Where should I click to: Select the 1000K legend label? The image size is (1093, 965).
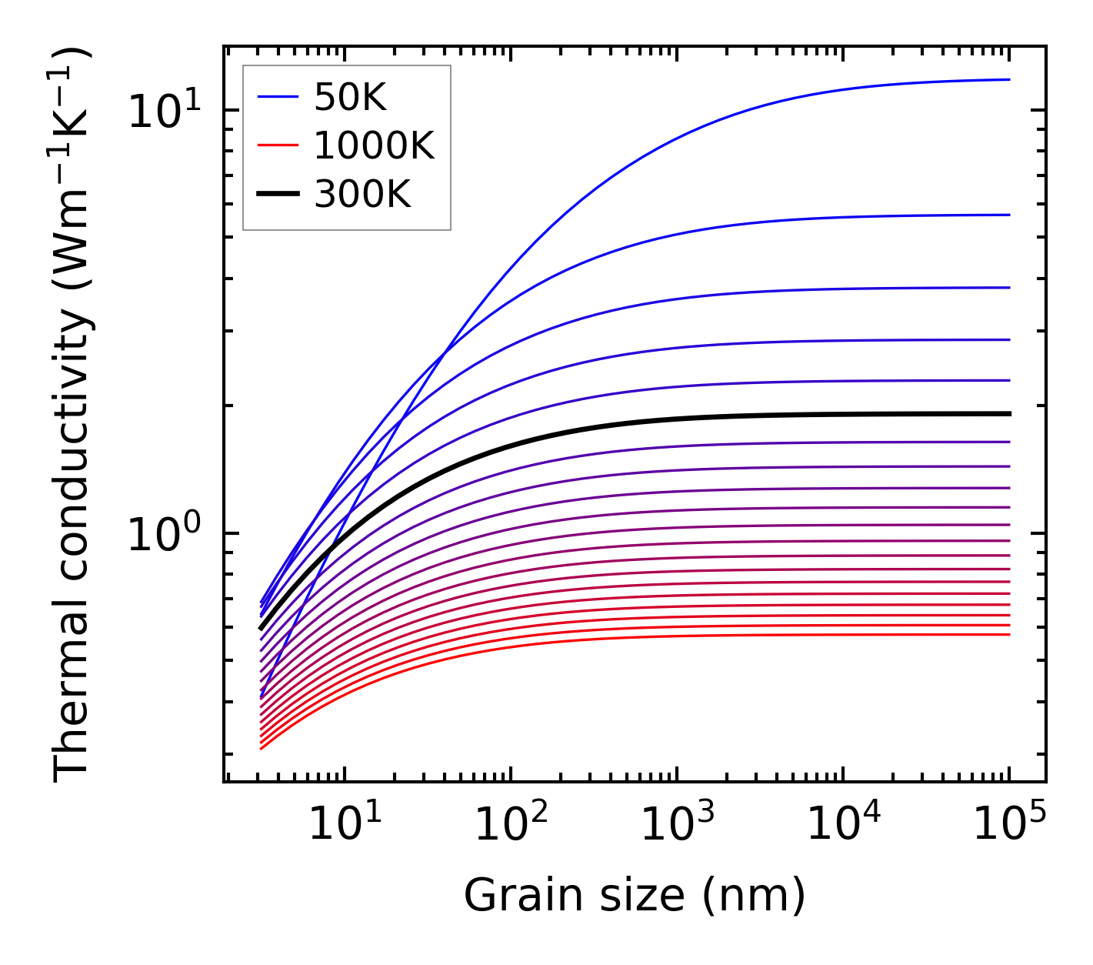374,145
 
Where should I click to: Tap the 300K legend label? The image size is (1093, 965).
362,195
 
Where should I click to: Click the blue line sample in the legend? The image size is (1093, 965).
278,97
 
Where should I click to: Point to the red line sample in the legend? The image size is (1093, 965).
278,145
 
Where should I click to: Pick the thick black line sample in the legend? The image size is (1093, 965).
278,195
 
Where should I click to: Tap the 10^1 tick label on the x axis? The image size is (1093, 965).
345,825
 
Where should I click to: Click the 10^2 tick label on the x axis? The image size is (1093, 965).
511,825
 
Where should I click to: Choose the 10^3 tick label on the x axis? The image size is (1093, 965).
677,825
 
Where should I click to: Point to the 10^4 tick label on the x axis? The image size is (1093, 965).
843,825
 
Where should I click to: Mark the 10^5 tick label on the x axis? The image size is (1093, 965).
1009,825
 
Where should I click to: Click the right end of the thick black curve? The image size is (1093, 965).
1008,414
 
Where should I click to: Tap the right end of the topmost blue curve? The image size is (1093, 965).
1008,79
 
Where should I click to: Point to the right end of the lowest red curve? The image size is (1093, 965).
1008,634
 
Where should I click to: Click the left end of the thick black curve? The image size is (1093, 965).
262,629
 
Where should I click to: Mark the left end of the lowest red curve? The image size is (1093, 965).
262,748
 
